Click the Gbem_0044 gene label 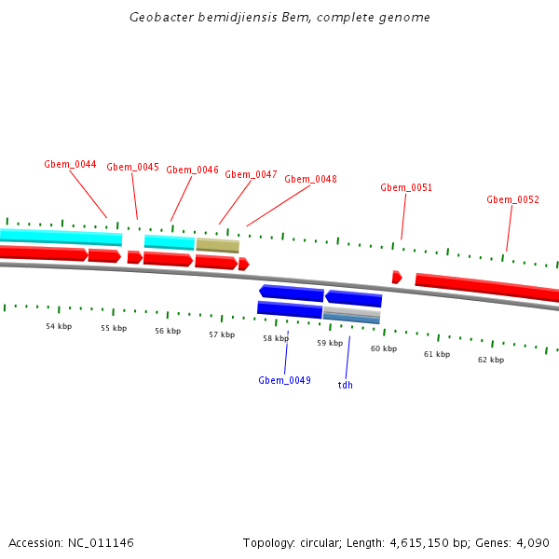click(x=70, y=164)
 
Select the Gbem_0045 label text click(x=132, y=167)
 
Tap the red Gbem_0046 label click(x=192, y=170)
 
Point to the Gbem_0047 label click(x=251, y=174)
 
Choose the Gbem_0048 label click(x=310, y=179)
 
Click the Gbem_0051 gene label click(x=406, y=187)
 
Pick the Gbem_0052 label click(x=512, y=199)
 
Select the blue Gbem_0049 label click(x=284, y=380)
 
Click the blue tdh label click(x=345, y=384)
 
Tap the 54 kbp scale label click(x=59, y=326)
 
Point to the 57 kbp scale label click(x=222, y=334)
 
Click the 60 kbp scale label click(x=383, y=348)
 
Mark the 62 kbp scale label click(x=491, y=360)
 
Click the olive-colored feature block click(x=217, y=245)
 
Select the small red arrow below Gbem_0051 click(x=397, y=277)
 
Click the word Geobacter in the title click(x=161, y=18)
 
